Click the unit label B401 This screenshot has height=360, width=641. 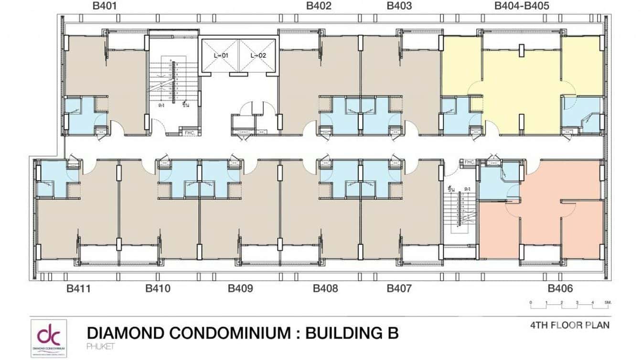104,6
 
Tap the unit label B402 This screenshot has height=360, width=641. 319,6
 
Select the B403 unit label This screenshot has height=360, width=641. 399,6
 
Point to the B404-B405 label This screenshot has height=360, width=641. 522,6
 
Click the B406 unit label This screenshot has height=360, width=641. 560,288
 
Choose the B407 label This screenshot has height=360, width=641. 399,288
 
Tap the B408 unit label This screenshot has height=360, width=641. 325,288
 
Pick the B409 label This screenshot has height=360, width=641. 240,288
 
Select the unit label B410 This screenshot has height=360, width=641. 158,288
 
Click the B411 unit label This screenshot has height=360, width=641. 78,288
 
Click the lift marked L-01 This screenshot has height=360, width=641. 221,55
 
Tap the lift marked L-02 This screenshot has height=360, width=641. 258,55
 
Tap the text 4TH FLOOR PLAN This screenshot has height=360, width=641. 569,326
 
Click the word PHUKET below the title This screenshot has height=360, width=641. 99,346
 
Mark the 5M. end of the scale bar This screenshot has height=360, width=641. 608,303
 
